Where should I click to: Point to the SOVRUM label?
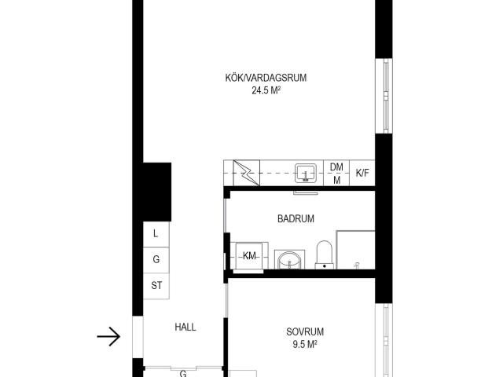(x=305, y=331)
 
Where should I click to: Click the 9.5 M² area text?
(x=305, y=344)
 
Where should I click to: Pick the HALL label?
(x=185, y=328)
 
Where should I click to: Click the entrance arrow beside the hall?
(x=108, y=337)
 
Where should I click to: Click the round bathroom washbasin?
(x=289, y=258)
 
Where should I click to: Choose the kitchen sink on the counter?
(x=306, y=172)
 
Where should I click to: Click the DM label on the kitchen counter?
(x=336, y=167)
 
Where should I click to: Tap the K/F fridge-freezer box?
(x=362, y=173)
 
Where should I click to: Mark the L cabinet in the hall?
(x=156, y=233)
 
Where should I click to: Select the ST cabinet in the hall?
(x=156, y=285)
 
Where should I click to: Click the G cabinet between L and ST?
(x=156, y=259)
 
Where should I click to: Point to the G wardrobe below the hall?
(x=183, y=372)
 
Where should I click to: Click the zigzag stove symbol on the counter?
(x=244, y=172)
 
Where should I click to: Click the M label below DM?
(x=336, y=180)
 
